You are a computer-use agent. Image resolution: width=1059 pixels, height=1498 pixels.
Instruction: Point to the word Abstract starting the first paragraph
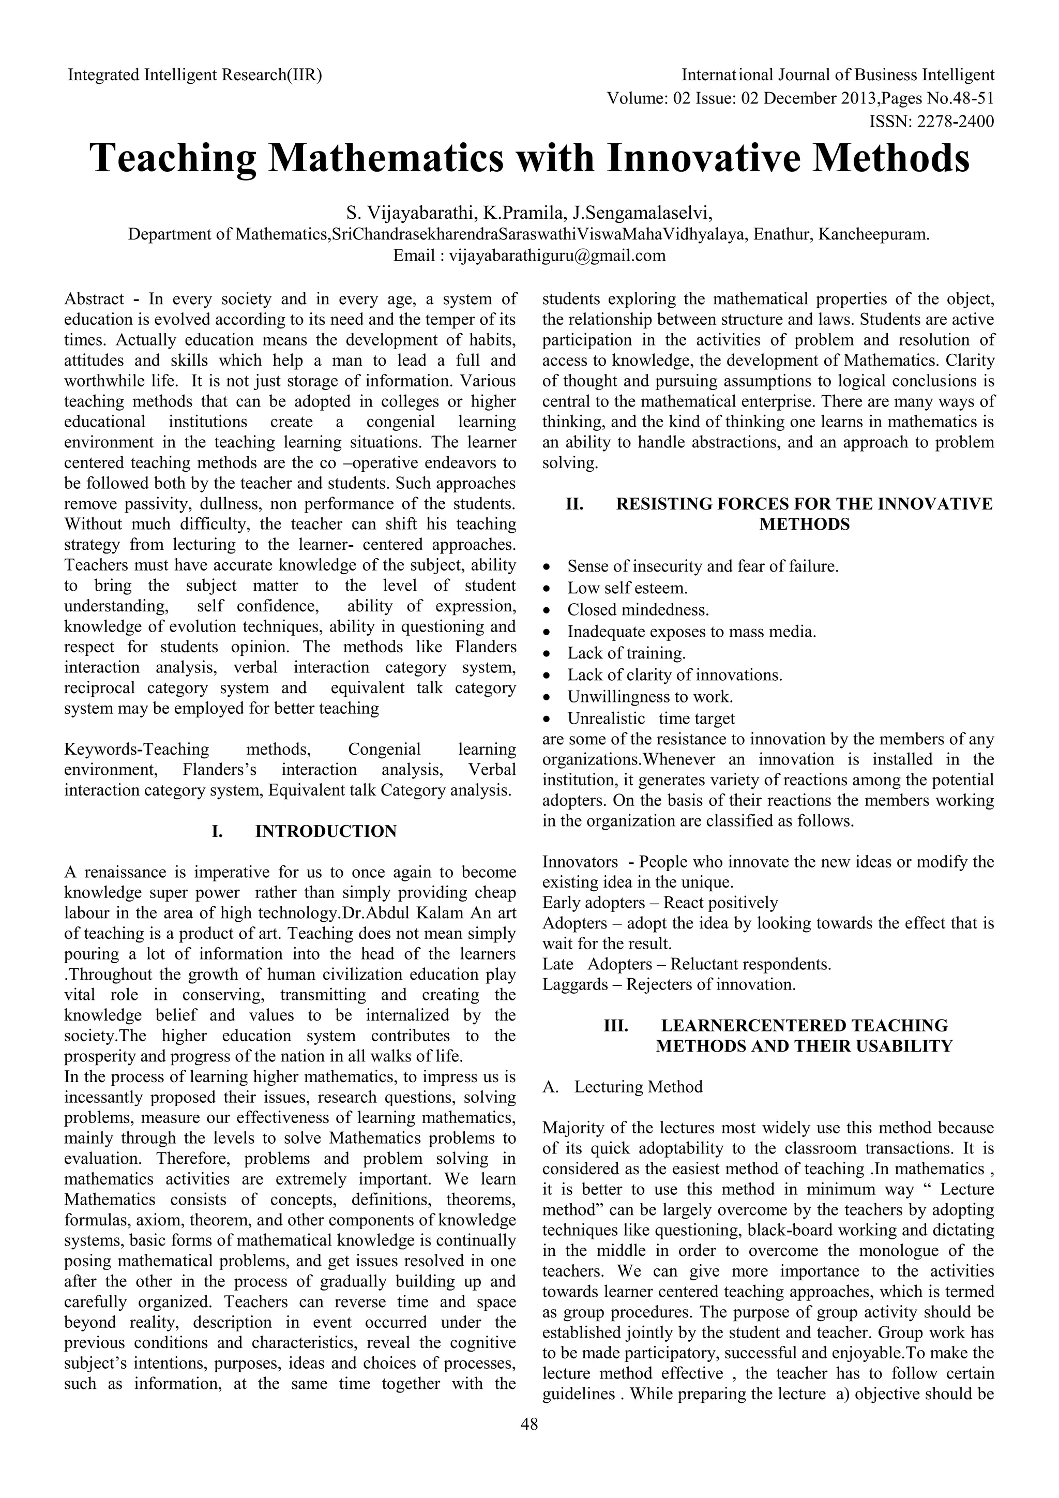pyautogui.click(x=94, y=299)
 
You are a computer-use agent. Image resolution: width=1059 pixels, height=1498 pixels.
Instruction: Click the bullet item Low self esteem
pyautogui.click(x=627, y=588)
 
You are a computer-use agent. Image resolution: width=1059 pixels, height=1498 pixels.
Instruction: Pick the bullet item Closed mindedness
pyautogui.click(x=638, y=609)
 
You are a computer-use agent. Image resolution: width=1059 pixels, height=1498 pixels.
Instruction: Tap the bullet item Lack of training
pyautogui.click(x=626, y=653)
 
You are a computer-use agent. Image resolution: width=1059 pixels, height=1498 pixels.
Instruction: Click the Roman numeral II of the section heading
pyautogui.click(x=574, y=504)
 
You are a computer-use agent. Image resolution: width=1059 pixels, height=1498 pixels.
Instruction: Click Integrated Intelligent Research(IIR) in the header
pyautogui.click(x=195, y=75)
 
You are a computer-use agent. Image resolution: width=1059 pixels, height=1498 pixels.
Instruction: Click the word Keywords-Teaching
pyautogui.click(x=137, y=749)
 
